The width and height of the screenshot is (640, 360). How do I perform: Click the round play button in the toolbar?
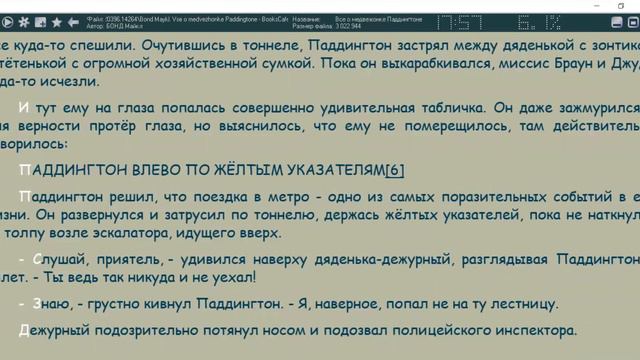click(25, 21)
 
